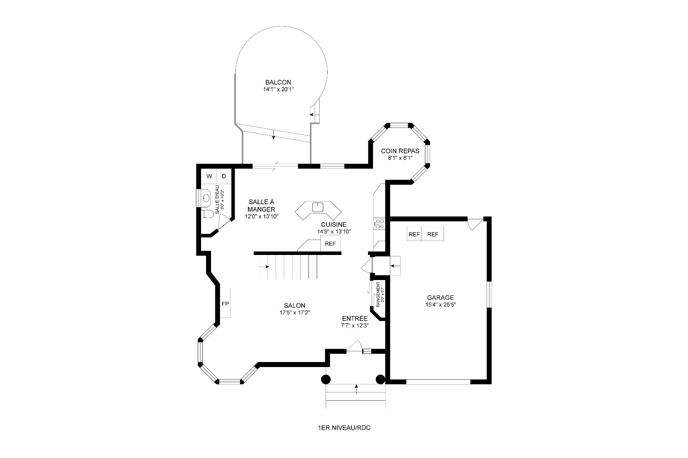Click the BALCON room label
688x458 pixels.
coord(278,82)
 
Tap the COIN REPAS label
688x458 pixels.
coord(400,151)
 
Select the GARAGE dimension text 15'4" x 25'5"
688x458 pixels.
coord(440,305)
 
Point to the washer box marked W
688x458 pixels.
coord(209,176)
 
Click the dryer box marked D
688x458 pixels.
coord(224,176)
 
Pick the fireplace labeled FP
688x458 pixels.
coord(225,304)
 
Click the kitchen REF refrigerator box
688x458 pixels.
coord(330,244)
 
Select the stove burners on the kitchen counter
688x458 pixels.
coord(379,224)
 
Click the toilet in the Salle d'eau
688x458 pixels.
coord(207,214)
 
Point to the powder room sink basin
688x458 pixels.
coord(206,198)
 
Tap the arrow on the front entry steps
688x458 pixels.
coord(356,389)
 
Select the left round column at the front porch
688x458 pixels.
coord(325,379)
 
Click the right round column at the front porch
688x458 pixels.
coord(380,379)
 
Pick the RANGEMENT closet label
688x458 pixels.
coord(378,294)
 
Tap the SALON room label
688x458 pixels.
coord(295,305)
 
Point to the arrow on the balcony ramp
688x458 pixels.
coord(273,134)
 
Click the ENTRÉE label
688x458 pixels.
coord(355,319)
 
